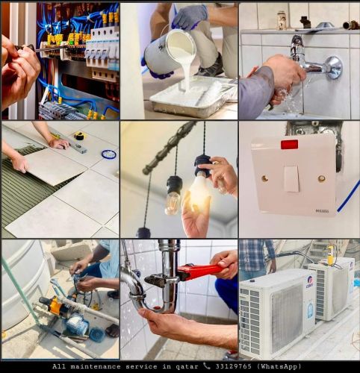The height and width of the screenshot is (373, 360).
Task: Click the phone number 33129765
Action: (x=234, y=366)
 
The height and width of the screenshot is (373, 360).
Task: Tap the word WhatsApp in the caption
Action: (x=279, y=366)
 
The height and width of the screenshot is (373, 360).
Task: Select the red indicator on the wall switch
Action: (x=289, y=145)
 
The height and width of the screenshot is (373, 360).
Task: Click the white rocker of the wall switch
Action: (x=292, y=178)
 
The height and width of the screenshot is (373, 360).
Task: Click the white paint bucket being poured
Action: (x=170, y=49)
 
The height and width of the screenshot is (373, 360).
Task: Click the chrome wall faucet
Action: (x=314, y=62)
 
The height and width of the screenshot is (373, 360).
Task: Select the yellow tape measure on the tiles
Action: (x=81, y=136)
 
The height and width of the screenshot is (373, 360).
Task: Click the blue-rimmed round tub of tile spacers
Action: (x=109, y=154)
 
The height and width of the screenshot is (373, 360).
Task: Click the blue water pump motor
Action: (x=77, y=324)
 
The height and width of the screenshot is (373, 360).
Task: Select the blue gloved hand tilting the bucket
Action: (x=190, y=16)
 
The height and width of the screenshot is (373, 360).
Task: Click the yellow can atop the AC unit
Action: (x=330, y=255)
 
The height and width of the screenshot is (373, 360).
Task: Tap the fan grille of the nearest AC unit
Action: (x=287, y=316)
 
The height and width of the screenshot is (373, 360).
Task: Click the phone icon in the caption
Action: (x=207, y=366)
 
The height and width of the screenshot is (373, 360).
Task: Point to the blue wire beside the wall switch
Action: (x=349, y=196)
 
